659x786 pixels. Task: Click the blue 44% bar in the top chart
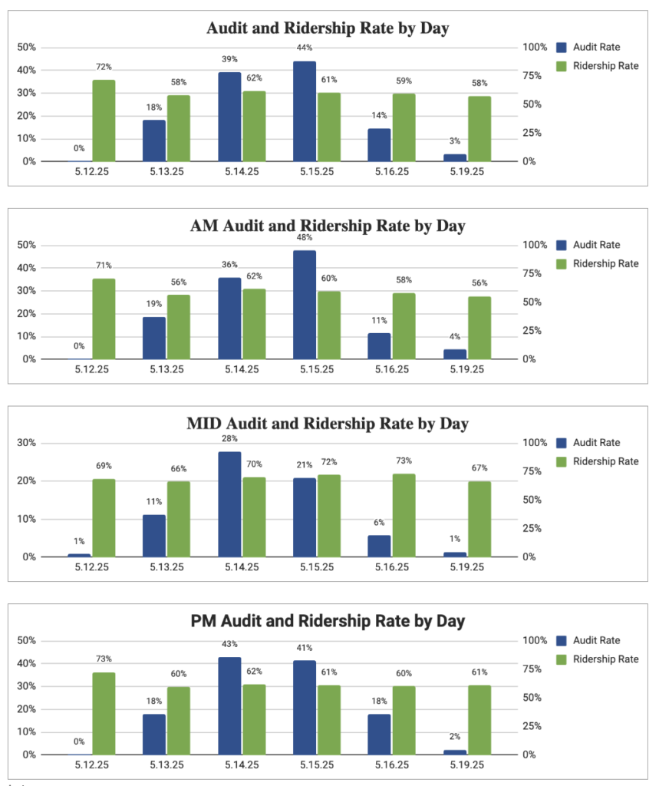pos(305,111)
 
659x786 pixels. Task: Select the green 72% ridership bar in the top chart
pos(104,121)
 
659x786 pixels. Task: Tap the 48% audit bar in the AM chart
pos(305,305)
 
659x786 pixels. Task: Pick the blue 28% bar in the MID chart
pos(229,504)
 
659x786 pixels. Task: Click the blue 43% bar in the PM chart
pos(229,706)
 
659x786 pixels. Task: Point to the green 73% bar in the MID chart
pos(404,515)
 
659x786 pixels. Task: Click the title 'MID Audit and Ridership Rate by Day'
pos(328,424)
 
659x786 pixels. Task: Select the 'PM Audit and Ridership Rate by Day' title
pos(328,621)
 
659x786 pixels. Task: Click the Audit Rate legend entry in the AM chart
pos(588,245)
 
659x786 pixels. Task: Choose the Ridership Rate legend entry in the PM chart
pos(598,659)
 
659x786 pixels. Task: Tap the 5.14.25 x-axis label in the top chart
pos(242,171)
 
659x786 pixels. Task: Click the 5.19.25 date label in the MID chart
pos(467,567)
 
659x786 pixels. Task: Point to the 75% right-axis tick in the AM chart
pos(532,274)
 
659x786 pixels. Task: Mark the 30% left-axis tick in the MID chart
pos(27,443)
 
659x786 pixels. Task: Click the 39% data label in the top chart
pos(229,59)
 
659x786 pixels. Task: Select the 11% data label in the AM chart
pos(379,320)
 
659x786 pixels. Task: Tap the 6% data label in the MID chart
pos(379,522)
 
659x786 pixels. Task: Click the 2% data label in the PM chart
pos(454,736)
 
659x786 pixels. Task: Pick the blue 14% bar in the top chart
pos(379,145)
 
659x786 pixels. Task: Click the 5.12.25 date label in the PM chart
pos(92,765)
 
